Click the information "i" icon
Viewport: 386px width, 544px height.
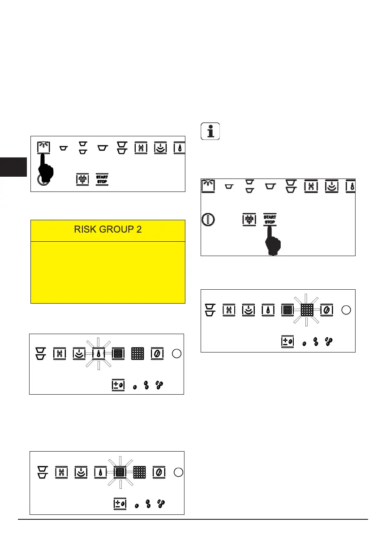point(210,132)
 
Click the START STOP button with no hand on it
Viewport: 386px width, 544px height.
point(102,180)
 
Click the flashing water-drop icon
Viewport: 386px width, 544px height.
point(98,353)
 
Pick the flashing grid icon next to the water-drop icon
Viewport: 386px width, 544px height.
point(119,472)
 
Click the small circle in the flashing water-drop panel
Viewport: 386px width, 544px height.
point(176,353)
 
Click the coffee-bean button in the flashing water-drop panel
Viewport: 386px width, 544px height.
point(157,353)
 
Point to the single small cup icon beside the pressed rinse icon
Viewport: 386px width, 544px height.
point(64,147)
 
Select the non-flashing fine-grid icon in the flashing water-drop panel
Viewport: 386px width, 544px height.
point(137,353)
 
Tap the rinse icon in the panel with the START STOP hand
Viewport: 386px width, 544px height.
point(207,185)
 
